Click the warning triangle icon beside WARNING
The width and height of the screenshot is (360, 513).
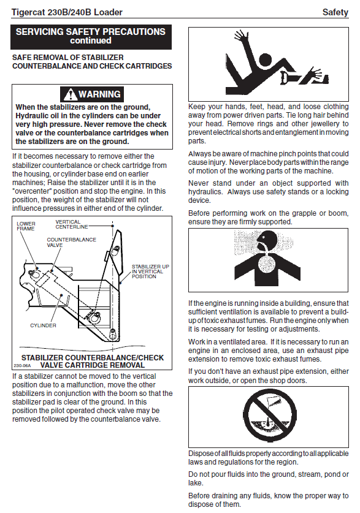point(70,95)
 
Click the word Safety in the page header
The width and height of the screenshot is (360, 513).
point(335,12)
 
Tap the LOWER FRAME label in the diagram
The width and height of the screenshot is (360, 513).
point(26,226)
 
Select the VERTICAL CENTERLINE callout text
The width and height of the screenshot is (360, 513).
point(72,224)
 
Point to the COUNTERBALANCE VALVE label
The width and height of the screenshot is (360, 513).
point(71,242)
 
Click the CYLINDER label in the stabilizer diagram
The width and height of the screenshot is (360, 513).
point(43,325)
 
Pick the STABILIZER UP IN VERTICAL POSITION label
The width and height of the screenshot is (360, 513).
point(150,272)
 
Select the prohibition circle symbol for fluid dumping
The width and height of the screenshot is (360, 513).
point(270,416)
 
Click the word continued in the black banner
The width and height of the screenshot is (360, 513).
point(91,40)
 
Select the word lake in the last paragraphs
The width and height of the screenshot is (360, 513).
point(195,483)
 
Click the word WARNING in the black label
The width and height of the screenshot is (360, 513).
point(99,94)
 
